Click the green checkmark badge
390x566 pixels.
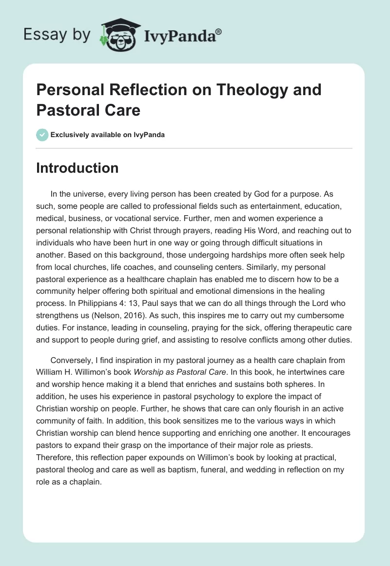pyautogui.click(x=42, y=135)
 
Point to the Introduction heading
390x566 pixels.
pyautogui.click(x=78, y=168)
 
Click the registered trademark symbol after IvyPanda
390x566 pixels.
pyautogui.click(x=219, y=32)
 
